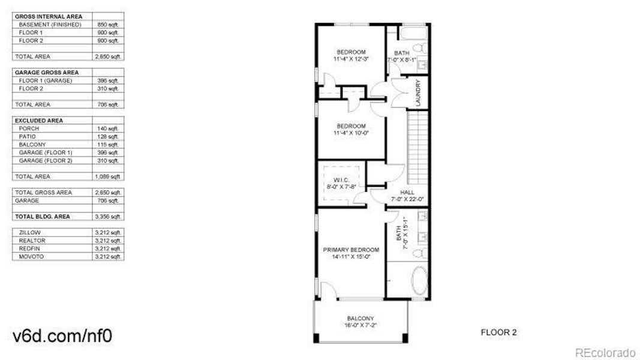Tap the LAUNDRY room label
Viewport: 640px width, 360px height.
point(418,93)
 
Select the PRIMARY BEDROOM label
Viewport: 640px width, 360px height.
point(351,250)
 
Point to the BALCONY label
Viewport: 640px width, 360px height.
point(360,318)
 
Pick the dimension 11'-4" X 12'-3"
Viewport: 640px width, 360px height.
point(351,59)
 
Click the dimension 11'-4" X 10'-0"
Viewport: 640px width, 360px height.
point(351,133)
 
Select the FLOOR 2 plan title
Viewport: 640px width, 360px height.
point(498,332)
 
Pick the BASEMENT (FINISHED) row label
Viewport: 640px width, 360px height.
point(50,24)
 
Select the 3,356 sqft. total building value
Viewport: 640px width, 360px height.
point(108,217)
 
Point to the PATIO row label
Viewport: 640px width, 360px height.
point(28,136)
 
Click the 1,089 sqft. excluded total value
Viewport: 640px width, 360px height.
point(108,177)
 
